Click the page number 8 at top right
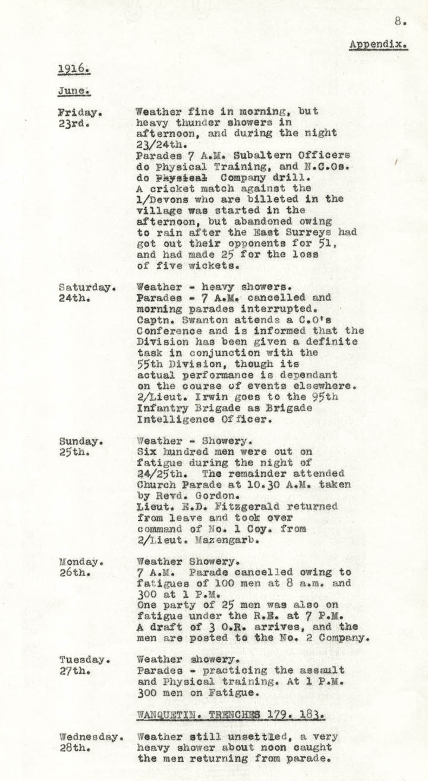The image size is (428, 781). point(399,22)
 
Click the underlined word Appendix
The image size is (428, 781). point(378,45)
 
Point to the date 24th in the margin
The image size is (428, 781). point(73,298)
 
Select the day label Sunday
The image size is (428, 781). point(79,442)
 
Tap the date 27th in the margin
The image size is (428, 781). point(73,671)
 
